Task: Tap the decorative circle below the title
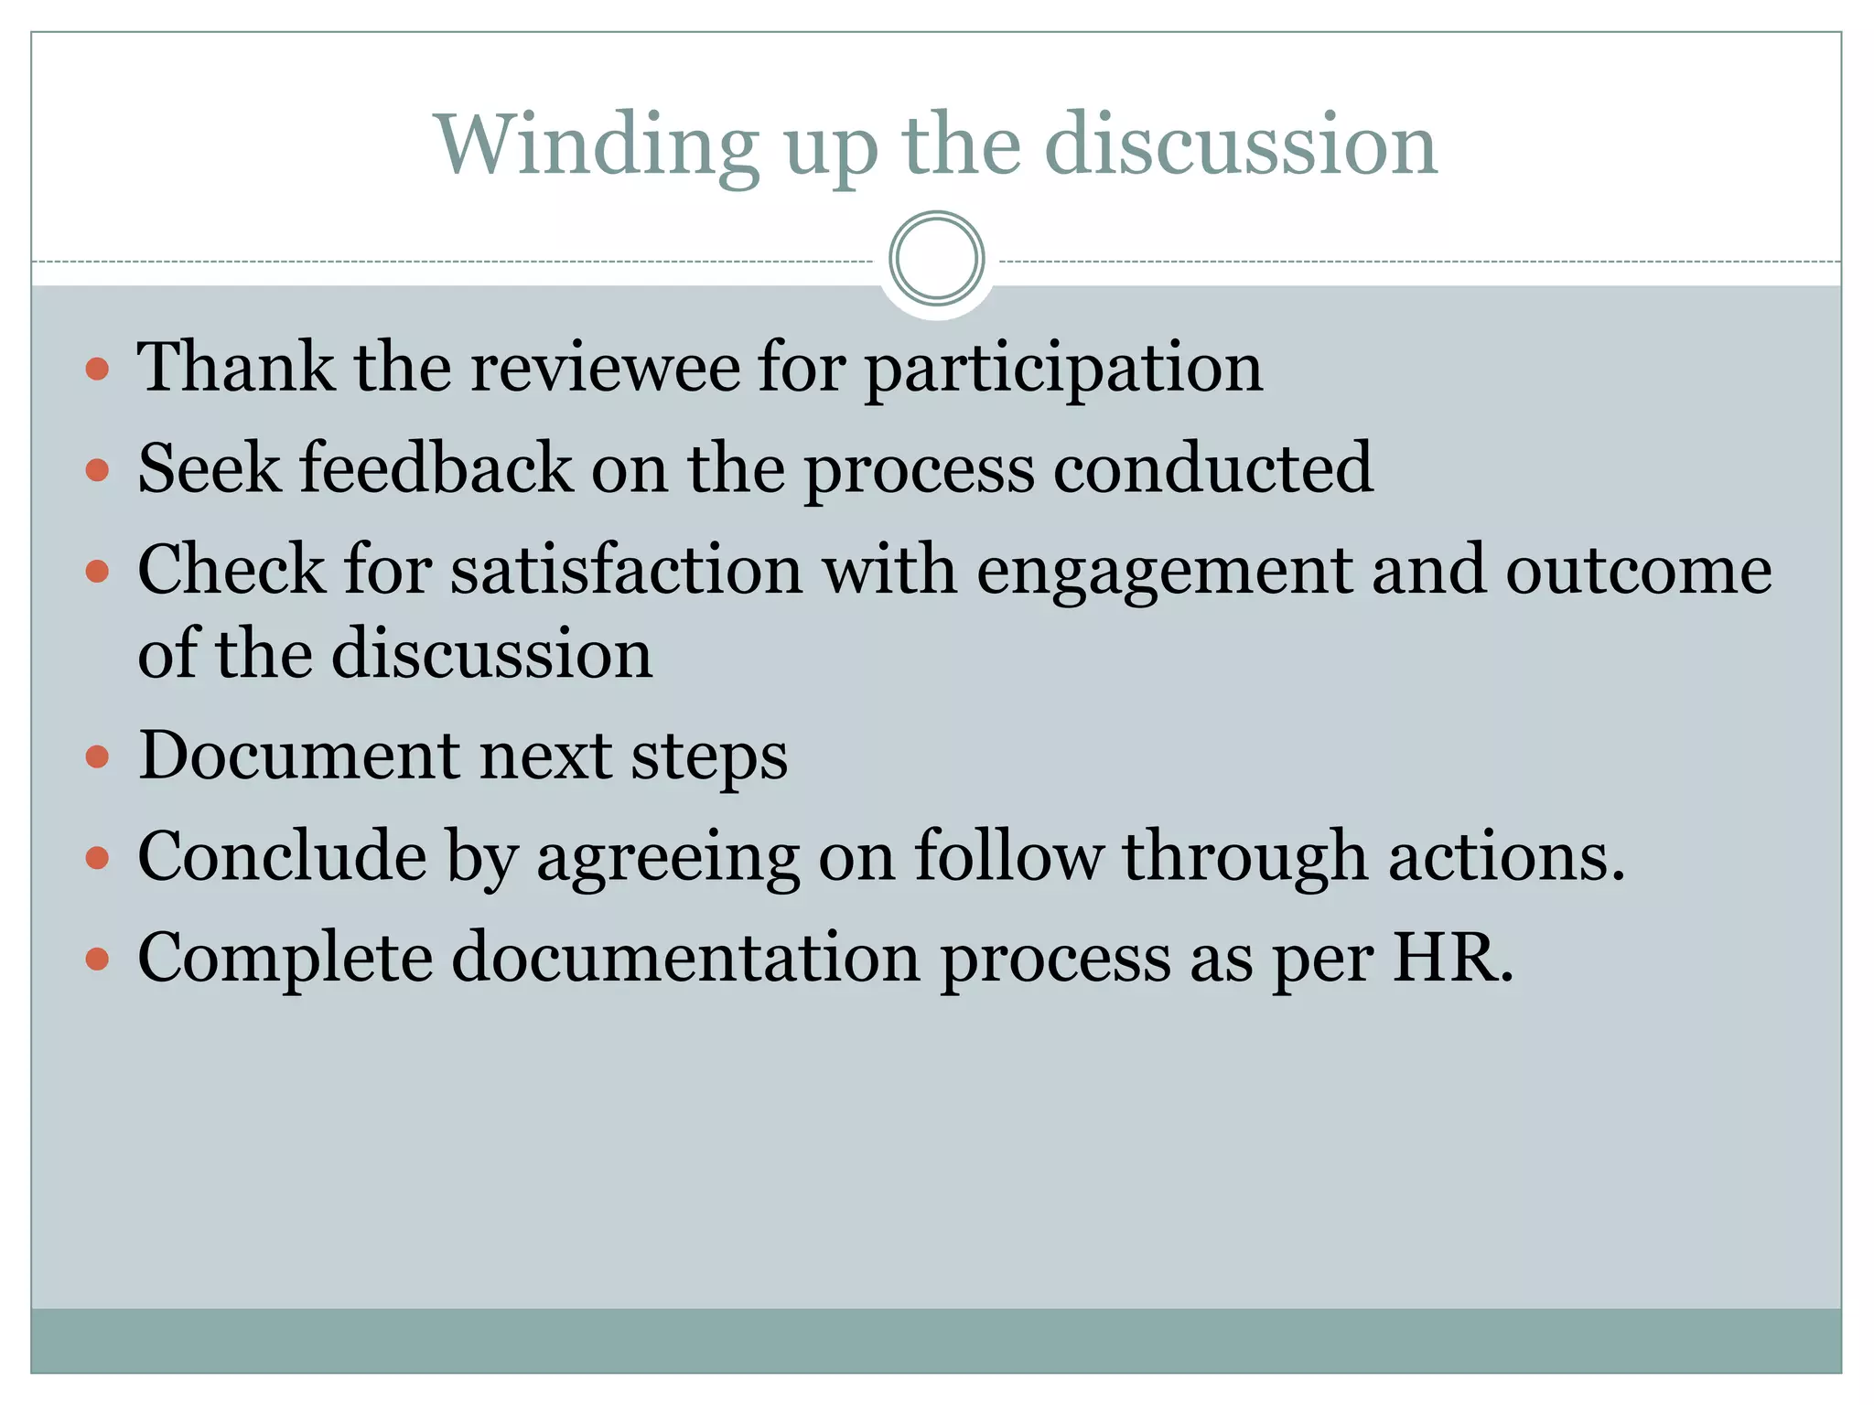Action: (936, 259)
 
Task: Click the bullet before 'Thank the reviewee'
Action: (97, 370)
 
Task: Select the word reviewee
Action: (605, 368)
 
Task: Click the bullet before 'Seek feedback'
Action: (97, 471)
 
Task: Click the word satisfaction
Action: (627, 570)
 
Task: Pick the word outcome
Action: (1638, 570)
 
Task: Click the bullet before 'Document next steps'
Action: (97, 756)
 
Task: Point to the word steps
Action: (709, 758)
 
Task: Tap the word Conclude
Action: (282, 856)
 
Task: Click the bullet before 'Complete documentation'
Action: (97, 960)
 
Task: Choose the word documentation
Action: (685, 958)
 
